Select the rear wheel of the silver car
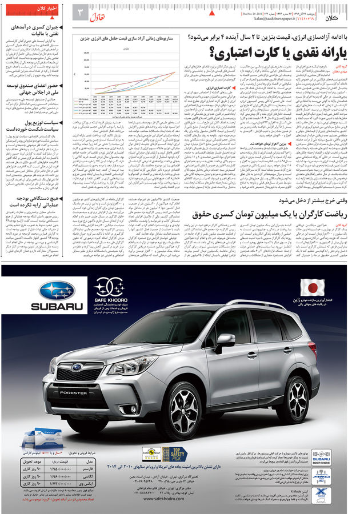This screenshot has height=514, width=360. [298, 393]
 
